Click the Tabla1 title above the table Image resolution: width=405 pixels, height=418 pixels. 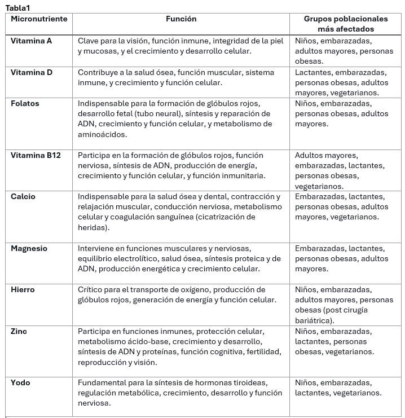pos(19,7)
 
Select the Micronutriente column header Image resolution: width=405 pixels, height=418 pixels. pos(39,19)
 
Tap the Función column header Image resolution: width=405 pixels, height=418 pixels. pos(181,19)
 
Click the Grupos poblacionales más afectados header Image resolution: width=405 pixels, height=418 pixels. pos(346,24)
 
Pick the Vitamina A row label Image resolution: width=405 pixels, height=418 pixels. pos(31,41)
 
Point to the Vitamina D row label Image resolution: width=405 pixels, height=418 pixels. pos(31,73)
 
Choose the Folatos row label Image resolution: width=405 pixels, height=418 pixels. pos(25,104)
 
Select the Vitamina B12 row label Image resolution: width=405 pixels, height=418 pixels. pos(36,156)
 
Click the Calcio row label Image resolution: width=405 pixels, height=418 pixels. pos(23,197)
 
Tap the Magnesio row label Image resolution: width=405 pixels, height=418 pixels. pos(29,249)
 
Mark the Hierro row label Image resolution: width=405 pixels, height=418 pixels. pos(23,290)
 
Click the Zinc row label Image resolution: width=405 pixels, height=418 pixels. pos(19,332)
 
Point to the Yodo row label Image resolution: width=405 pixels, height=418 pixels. pos(20,383)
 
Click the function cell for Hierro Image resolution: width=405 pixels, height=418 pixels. pos(181,295)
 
